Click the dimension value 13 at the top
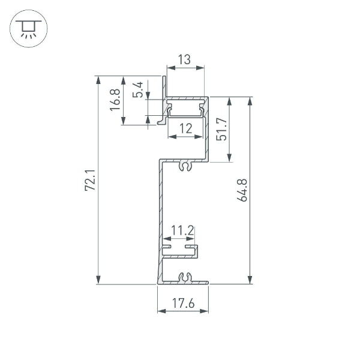click(184, 59)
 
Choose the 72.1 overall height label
click(90, 181)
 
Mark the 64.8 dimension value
click(242, 190)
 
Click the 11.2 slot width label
click(182, 230)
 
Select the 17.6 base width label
click(183, 304)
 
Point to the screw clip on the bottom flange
click(186, 277)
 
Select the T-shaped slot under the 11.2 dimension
click(180, 249)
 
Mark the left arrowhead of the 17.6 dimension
click(160, 311)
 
